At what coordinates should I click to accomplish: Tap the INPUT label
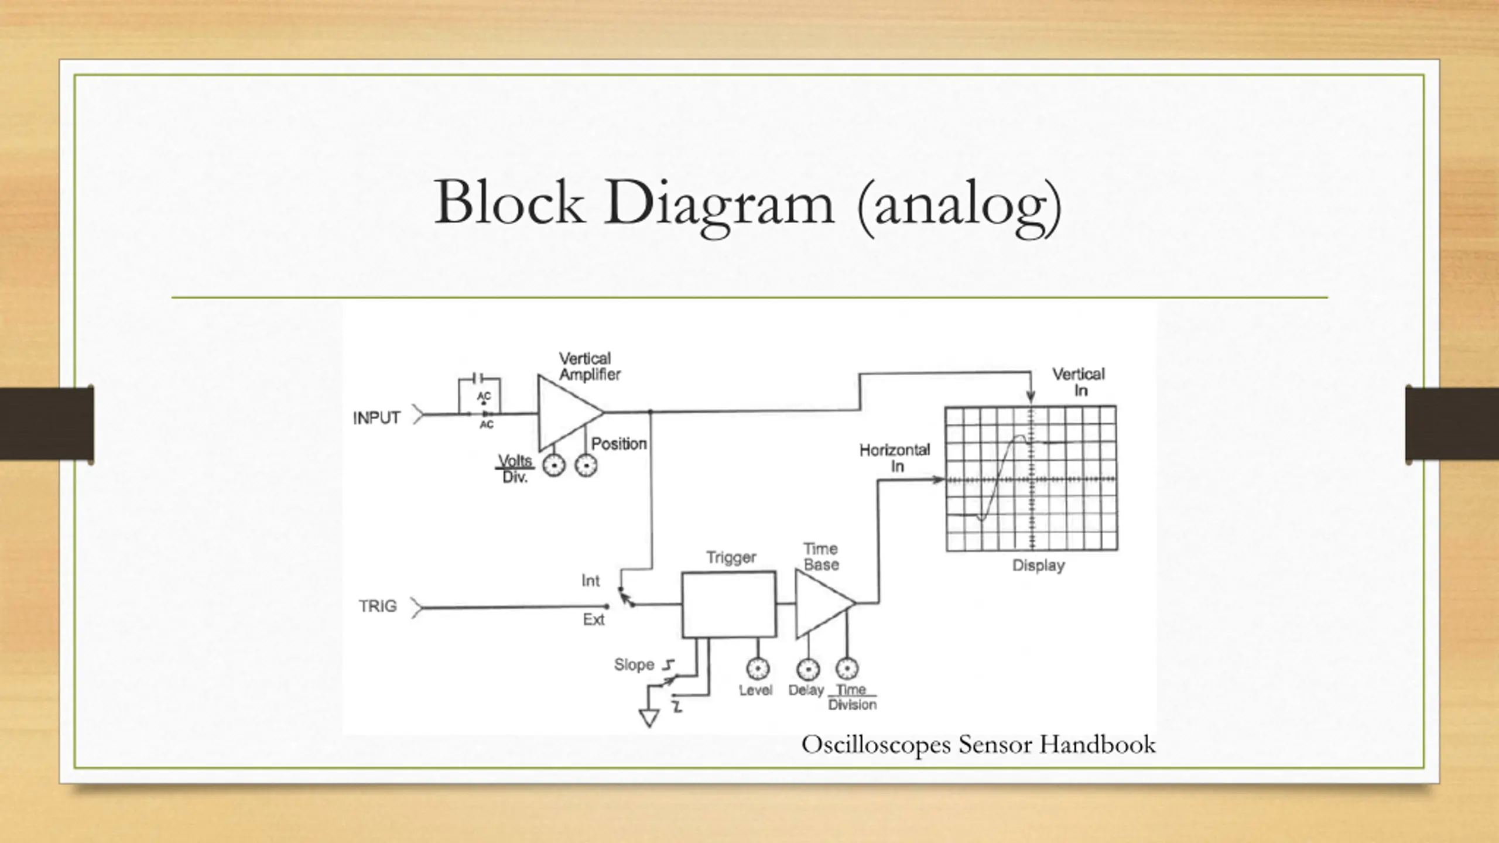click(377, 418)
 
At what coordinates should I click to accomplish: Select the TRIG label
click(378, 606)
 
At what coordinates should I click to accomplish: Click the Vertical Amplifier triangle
click(565, 412)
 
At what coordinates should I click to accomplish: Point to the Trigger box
click(729, 604)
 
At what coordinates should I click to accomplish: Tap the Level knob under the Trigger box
click(758, 669)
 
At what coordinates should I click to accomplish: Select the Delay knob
click(809, 669)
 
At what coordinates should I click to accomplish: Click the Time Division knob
click(847, 669)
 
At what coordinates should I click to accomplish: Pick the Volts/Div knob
click(553, 466)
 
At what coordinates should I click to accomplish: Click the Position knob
click(586, 466)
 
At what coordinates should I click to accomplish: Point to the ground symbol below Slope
click(649, 717)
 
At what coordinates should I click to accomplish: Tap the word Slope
click(634, 665)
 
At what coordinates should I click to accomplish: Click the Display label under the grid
click(1038, 566)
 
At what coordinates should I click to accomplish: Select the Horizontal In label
click(894, 458)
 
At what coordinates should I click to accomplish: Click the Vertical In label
click(1078, 382)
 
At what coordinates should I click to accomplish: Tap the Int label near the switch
click(590, 581)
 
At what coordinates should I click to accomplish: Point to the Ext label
click(593, 619)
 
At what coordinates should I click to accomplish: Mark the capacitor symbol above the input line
click(478, 378)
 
